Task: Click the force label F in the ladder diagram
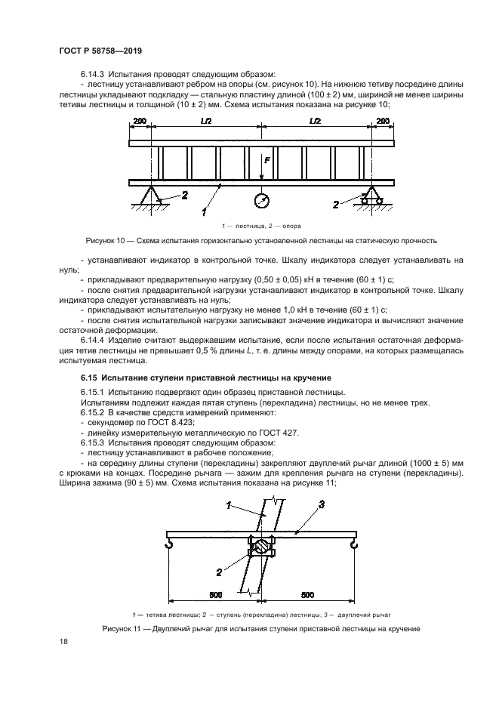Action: click(x=266, y=160)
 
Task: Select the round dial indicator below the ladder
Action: click(x=261, y=201)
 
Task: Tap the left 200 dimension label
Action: click(x=140, y=121)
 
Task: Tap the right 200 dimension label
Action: click(x=383, y=121)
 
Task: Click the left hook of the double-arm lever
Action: click(x=171, y=541)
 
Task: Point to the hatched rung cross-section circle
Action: click(x=260, y=544)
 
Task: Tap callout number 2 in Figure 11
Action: click(x=219, y=572)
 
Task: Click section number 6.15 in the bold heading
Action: click(x=90, y=377)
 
